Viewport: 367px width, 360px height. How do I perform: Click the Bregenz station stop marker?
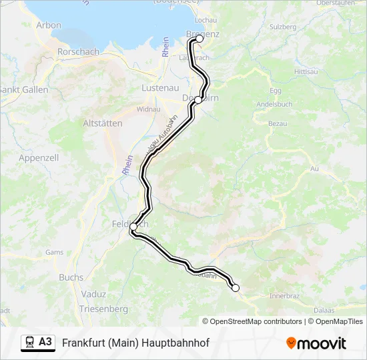tap(199, 39)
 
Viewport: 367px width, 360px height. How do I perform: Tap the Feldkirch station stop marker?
tap(133, 227)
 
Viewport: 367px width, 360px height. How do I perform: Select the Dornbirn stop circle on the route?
tap(198, 99)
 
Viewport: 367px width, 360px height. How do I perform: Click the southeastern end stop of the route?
tap(235, 287)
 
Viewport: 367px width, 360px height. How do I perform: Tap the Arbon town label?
tap(49, 25)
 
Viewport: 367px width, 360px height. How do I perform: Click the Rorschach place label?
tap(79, 51)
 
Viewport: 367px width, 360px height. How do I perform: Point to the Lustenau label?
tap(159, 87)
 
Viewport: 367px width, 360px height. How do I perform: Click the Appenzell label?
tap(39, 158)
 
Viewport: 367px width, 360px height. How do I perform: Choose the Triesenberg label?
tap(103, 309)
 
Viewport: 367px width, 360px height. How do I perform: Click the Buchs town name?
tap(71, 277)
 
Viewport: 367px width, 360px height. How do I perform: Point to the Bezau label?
tap(278, 123)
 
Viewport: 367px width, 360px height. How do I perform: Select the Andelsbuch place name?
tap(275, 105)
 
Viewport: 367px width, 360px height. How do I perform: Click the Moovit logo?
tap(316, 343)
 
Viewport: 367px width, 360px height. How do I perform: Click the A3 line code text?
tap(45, 342)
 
